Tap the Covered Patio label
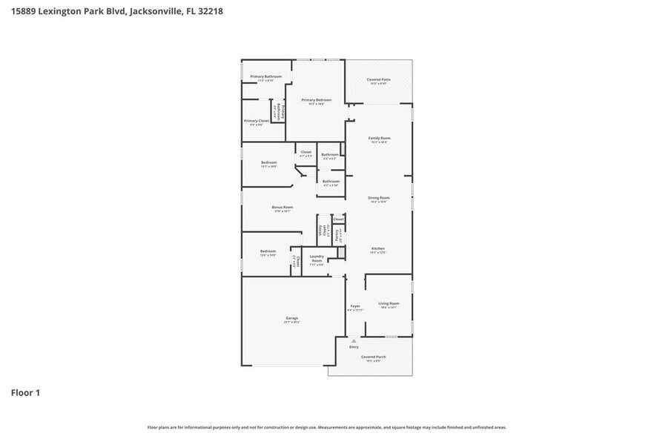tap(379, 80)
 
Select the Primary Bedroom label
tap(316, 100)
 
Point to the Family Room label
tap(379, 139)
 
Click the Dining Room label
tap(379, 198)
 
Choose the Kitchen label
tap(378, 249)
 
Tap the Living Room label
tap(389, 303)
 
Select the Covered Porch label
tap(371, 357)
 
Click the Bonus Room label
tap(282, 208)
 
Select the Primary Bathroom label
tap(265, 77)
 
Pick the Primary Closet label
tap(257, 121)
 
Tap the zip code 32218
tap(208, 12)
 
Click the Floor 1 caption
tap(25, 392)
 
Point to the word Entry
tap(354, 347)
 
